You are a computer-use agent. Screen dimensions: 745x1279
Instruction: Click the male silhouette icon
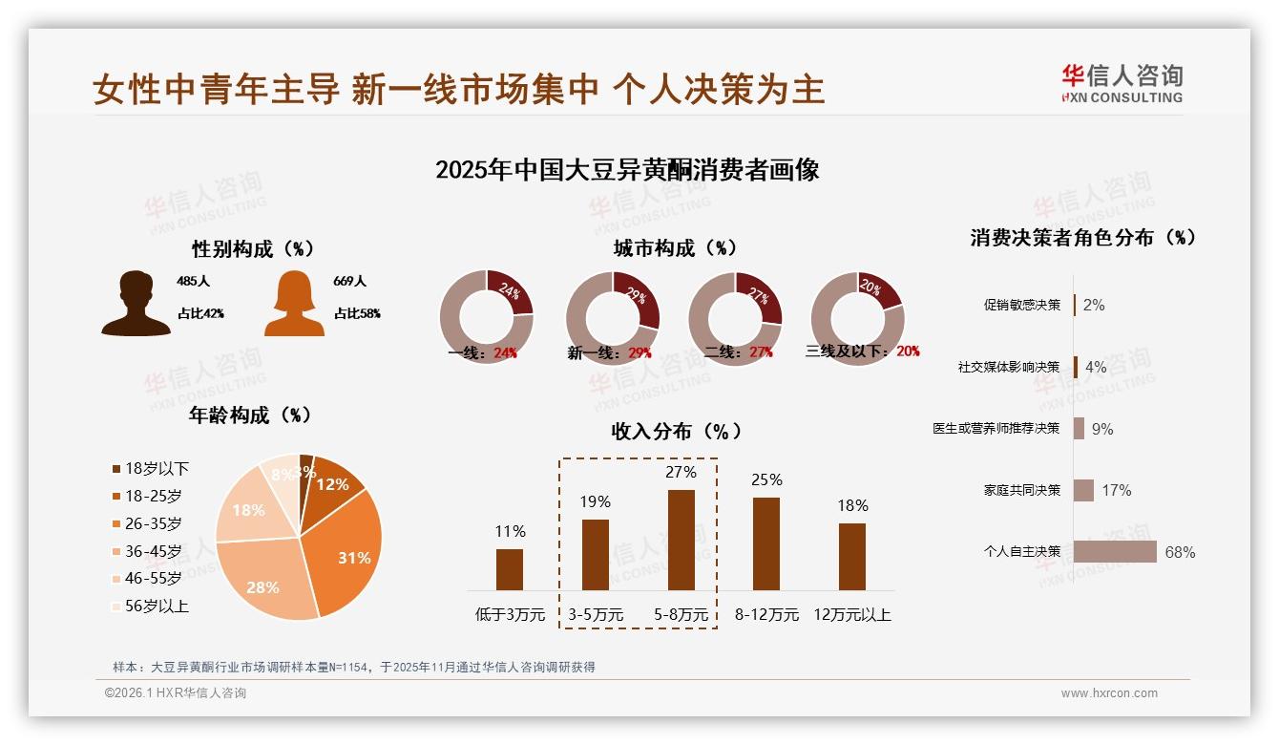[136, 304]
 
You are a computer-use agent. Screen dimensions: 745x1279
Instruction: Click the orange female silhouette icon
[294, 304]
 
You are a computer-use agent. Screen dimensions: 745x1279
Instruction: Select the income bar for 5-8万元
[681, 540]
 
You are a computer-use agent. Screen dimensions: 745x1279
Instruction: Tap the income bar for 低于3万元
[510, 569]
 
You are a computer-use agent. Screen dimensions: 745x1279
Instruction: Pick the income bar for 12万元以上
[852, 556]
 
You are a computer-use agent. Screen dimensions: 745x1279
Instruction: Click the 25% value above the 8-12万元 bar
[766, 479]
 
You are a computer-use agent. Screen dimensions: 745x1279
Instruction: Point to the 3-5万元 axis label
[596, 615]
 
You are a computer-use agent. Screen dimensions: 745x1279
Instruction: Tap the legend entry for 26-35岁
[153, 523]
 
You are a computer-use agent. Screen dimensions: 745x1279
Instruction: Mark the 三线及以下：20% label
[862, 351]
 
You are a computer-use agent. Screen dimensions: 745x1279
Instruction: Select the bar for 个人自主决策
[1115, 552]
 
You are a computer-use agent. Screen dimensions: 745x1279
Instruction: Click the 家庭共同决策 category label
[1021, 490]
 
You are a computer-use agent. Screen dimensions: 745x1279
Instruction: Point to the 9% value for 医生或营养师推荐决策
[1102, 429]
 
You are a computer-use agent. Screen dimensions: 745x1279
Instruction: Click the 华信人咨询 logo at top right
[1122, 83]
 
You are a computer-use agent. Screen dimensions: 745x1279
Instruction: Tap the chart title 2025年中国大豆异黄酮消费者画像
[627, 171]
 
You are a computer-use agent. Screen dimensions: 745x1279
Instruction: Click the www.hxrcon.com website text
[1109, 693]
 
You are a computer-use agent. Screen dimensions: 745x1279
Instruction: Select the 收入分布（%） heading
[676, 431]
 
